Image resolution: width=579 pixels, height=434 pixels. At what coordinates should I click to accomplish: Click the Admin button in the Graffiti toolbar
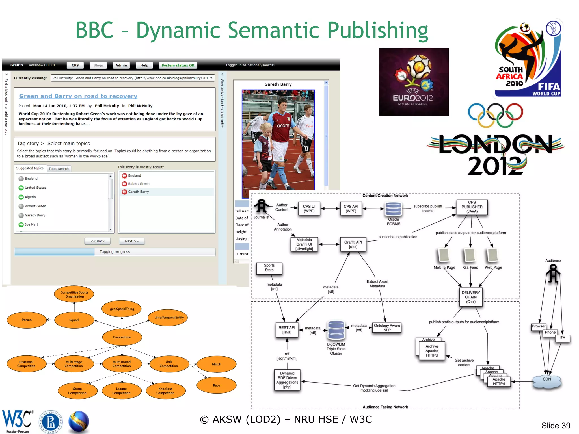click(x=121, y=65)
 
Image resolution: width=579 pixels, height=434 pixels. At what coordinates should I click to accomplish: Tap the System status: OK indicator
click(x=178, y=65)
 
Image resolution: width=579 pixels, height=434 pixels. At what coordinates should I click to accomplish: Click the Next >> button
click(x=131, y=241)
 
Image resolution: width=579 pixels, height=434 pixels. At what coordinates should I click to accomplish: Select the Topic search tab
click(x=59, y=169)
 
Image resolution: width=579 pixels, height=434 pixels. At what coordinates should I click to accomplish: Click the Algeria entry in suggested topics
click(x=30, y=197)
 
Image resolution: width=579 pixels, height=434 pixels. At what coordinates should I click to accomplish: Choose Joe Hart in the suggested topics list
click(x=31, y=225)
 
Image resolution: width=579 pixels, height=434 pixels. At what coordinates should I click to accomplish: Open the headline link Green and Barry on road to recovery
click(x=78, y=96)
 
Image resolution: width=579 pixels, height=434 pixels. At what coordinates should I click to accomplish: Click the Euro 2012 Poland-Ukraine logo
click(x=414, y=82)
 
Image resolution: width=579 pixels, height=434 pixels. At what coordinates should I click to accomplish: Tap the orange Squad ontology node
click(x=74, y=320)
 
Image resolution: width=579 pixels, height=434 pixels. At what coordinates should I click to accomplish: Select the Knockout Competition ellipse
click(x=165, y=391)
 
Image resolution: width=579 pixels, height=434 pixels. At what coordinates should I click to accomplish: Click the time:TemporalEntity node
click(x=169, y=318)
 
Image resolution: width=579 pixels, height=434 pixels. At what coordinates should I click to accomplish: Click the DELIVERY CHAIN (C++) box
click(x=471, y=297)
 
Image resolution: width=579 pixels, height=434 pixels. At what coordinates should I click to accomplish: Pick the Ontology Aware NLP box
click(x=387, y=328)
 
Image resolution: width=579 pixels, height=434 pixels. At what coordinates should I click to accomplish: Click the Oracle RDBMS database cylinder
click(x=393, y=209)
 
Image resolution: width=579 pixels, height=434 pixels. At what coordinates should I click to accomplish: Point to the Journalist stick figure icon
click(x=262, y=206)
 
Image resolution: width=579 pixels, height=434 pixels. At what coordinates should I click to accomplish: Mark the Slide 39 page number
click(x=556, y=426)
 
